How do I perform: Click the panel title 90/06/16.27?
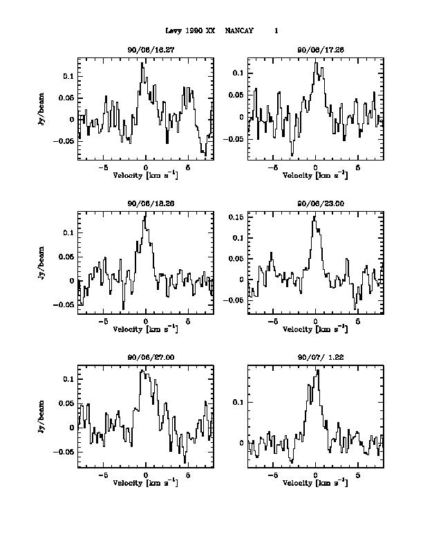coord(146,51)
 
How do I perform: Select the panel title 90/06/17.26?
coord(315,51)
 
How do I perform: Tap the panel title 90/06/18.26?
coord(146,205)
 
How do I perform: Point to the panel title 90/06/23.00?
coord(315,205)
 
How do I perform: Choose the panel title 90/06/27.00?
coord(146,358)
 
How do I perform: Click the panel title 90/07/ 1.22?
coord(315,358)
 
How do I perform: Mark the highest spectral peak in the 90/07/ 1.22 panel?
coord(317,370)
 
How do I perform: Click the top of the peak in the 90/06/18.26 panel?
coord(145,214)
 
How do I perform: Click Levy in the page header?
coord(173,31)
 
